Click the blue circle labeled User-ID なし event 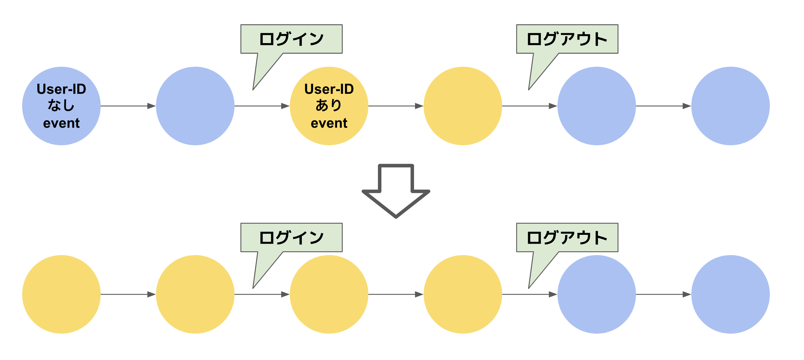tap(61, 106)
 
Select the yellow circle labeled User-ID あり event tap(329, 106)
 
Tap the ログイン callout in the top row tap(291, 39)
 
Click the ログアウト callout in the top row tap(567, 39)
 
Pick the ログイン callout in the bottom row tap(291, 237)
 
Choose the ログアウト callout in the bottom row tap(567, 237)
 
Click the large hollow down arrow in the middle tap(396, 193)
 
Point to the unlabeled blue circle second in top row tap(195, 106)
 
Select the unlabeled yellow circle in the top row tap(463, 106)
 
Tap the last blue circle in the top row tap(731, 106)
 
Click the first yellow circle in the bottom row tap(61, 294)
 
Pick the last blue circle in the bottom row tap(731, 294)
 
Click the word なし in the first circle tap(61, 106)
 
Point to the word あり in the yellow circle tap(329, 106)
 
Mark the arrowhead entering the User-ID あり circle tap(285, 106)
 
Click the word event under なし tap(61, 123)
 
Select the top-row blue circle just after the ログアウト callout tap(597, 106)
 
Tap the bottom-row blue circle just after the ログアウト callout tap(597, 294)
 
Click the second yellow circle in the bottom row tap(195, 294)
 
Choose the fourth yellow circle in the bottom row tap(463, 294)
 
